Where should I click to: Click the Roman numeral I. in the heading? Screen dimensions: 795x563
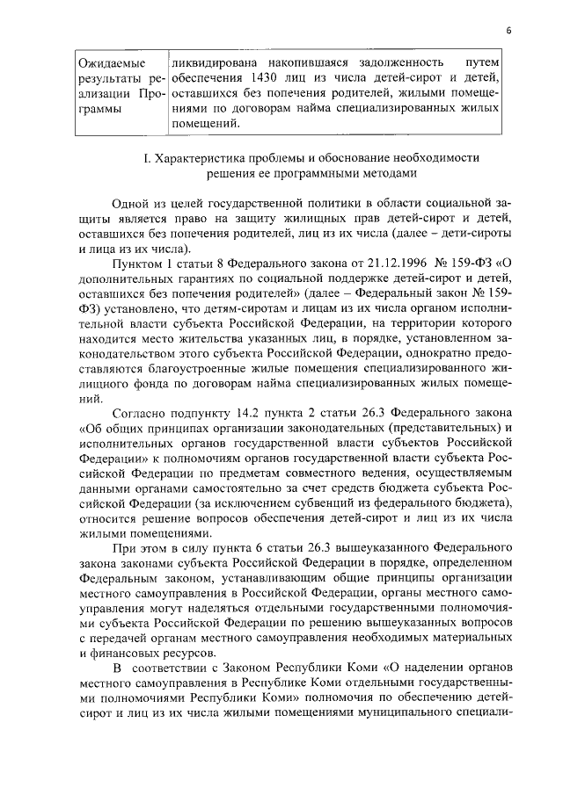tap(148, 158)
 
